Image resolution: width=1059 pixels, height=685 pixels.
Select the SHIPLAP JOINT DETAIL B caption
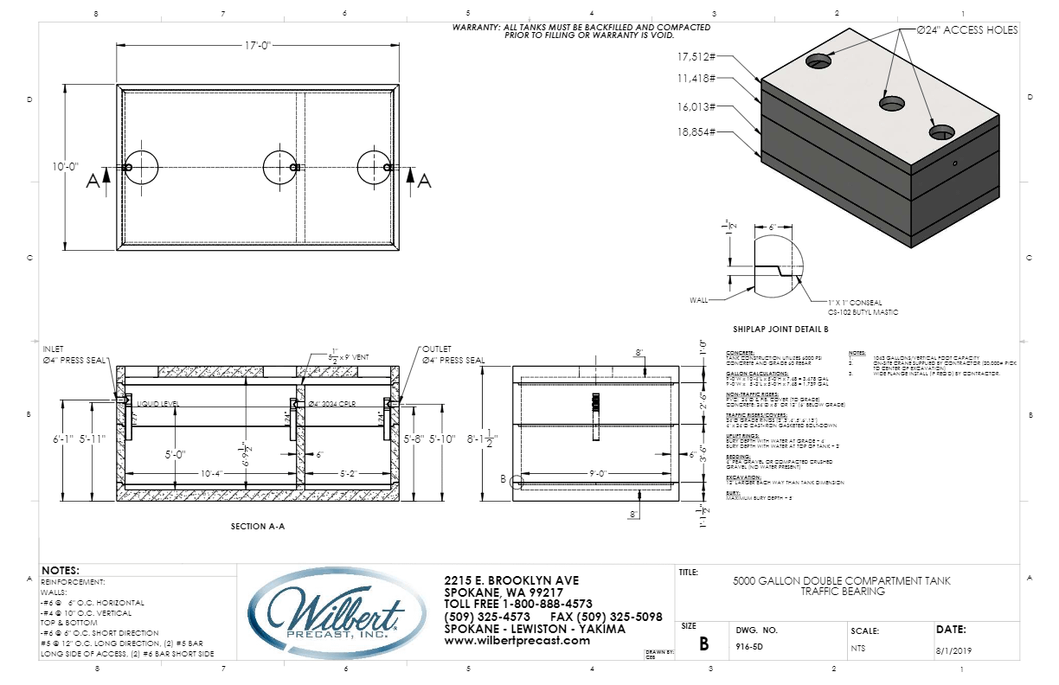[x=781, y=330]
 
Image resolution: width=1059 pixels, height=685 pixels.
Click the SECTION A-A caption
[x=258, y=526]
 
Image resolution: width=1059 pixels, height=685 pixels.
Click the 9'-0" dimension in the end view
[x=592, y=474]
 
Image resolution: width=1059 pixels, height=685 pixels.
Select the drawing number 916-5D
[x=747, y=648]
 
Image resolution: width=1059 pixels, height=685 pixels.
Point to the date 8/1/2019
[x=955, y=648]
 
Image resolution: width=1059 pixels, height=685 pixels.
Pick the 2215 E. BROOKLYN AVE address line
[x=510, y=579]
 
